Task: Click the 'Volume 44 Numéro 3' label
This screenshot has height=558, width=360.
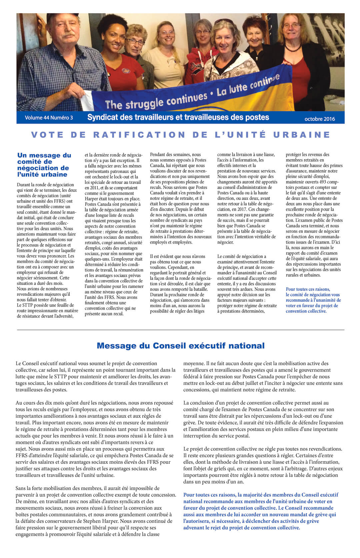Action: [x=49, y=118]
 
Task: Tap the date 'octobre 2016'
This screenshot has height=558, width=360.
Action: [x=319, y=119]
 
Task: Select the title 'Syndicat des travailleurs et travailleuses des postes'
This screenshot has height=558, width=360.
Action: [x=178, y=117]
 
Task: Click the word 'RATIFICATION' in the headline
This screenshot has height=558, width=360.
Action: [x=139, y=135]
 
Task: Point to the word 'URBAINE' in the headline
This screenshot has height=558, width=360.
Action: [x=302, y=135]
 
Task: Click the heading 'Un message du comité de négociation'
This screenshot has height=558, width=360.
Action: [x=44, y=165]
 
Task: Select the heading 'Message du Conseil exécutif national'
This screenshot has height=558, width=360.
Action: [x=180, y=346]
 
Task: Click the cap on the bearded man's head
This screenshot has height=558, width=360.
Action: [x=63, y=16]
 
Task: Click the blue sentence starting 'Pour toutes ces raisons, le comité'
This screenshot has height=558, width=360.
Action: [x=313, y=300]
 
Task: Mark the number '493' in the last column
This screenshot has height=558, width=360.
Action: [x=322, y=182]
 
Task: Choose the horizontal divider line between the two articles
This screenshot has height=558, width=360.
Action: [x=180, y=330]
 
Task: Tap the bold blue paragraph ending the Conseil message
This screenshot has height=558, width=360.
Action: [x=260, y=511]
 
